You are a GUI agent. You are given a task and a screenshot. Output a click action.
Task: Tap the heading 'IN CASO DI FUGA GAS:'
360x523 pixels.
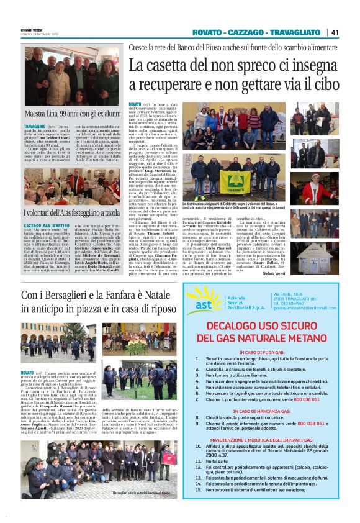pos(268,352)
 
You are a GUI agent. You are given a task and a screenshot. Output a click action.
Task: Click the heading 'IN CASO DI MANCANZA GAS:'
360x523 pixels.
pos(268,411)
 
